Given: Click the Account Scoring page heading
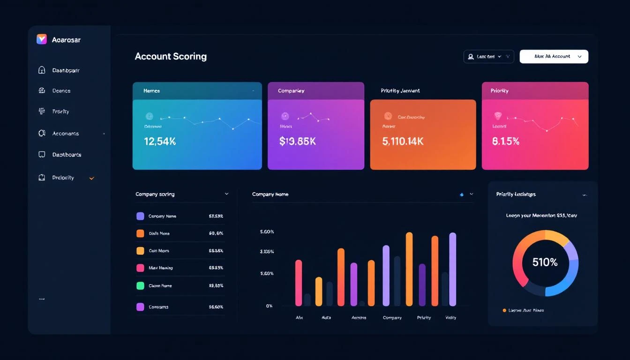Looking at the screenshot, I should pyautogui.click(x=171, y=56).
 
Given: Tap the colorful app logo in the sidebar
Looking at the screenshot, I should pyautogui.click(x=42, y=39).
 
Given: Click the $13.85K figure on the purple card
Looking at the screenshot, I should pyautogui.click(x=297, y=141).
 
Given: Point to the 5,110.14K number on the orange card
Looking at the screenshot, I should pyautogui.click(x=403, y=141).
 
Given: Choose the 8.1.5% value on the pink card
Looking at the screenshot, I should pyautogui.click(x=506, y=141).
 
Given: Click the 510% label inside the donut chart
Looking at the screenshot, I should pyautogui.click(x=545, y=262).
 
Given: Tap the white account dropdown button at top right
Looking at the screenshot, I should pyautogui.click(x=554, y=56).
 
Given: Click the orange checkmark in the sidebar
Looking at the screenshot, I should pyautogui.click(x=92, y=178).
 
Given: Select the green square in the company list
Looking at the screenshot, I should pyautogui.click(x=140, y=285).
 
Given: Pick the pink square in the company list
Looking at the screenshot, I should pyautogui.click(x=140, y=268).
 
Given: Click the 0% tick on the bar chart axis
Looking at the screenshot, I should pyautogui.click(x=269, y=306).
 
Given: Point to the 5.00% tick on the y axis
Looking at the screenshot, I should pyautogui.click(x=267, y=232).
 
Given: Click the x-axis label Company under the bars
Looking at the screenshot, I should pyautogui.click(x=392, y=318).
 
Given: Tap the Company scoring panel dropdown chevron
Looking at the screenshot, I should pyautogui.click(x=227, y=194).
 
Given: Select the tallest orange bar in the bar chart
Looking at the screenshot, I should pyautogui.click(x=409, y=269).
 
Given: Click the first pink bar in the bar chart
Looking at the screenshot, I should pyautogui.click(x=299, y=283).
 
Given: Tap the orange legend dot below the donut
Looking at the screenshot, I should pyautogui.click(x=504, y=310).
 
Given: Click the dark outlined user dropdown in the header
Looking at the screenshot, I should pyautogui.click(x=488, y=56).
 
